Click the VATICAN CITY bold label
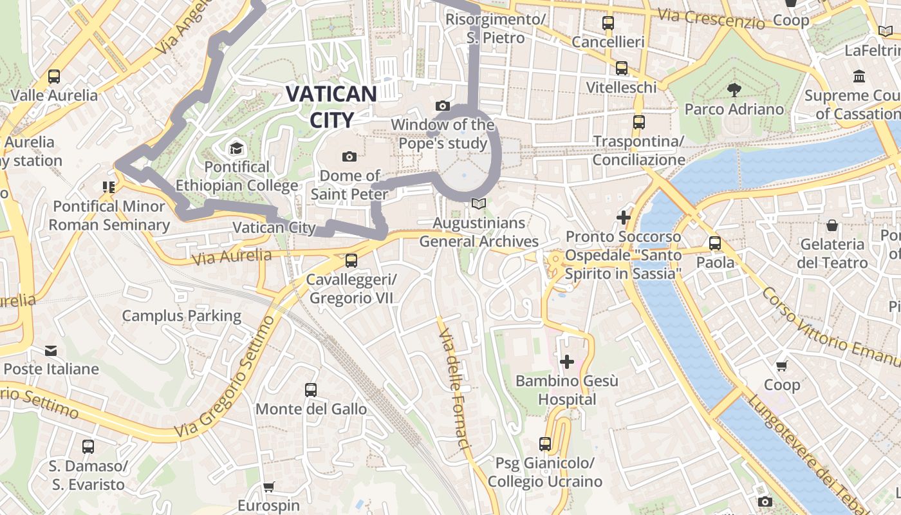point(331,106)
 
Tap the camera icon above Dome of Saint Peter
point(349,156)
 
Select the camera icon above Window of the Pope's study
point(442,106)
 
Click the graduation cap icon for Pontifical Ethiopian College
point(236,149)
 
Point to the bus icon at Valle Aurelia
point(54,77)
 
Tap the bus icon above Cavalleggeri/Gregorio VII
point(351,261)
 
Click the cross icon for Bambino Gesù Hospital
point(566,362)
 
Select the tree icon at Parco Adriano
point(733,89)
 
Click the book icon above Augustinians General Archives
point(478,204)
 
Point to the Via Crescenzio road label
point(711,19)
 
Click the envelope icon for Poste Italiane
point(51,351)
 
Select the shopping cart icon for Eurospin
point(268,487)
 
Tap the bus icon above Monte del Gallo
point(311,389)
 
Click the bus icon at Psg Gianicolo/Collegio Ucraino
point(544,444)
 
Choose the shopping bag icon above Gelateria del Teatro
point(832,225)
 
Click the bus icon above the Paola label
point(714,243)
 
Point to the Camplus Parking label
point(181,316)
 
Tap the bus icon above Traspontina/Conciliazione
point(638,122)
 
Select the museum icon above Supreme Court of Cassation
point(859,77)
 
